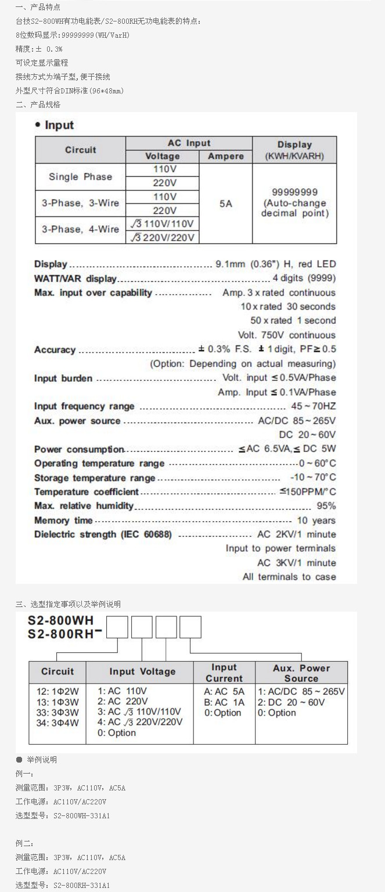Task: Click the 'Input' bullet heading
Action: [x=59, y=125]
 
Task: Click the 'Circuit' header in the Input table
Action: [x=81, y=150]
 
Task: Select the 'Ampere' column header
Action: [x=226, y=157]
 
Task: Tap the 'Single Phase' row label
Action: [x=81, y=176]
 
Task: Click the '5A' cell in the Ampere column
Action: [x=226, y=204]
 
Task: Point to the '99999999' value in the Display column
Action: [x=294, y=192]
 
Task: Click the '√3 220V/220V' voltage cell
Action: [x=163, y=237]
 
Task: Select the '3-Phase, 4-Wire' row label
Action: [x=81, y=229]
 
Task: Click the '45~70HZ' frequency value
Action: [x=313, y=406]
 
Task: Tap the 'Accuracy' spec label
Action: [x=55, y=350]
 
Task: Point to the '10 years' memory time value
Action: [x=316, y=521]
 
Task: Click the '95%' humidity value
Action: [x=326, y=506]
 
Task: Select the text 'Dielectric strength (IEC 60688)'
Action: [x=103, y=535]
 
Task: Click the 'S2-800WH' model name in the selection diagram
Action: [x=60, y=620]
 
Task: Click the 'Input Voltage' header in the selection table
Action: [x=142, y=671]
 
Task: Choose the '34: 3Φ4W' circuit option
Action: [x=57, y=723]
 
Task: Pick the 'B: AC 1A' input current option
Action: [x=224, y=702]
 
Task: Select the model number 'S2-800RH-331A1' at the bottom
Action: [x=81, y=886]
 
